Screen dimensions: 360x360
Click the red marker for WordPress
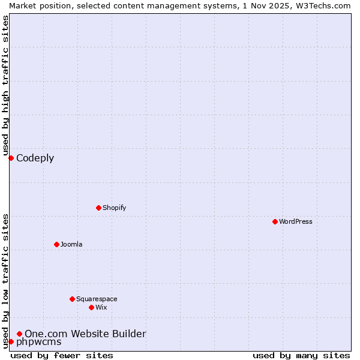[275, 221]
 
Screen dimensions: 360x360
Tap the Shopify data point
[98, 208]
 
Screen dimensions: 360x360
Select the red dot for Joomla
[56, 244]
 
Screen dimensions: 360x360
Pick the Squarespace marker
[72, 299]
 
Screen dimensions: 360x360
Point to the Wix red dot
[91, 307]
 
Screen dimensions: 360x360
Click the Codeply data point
[11, 158]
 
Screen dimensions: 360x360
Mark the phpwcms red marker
[11, 341]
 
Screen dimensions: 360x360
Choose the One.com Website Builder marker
[20, 334]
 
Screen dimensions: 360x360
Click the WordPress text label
[296, 221]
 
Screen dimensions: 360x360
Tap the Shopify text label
[114, 208]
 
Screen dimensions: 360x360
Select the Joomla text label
[71, 244]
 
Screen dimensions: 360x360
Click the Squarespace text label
[97, 299]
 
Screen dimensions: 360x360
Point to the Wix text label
[101, 307]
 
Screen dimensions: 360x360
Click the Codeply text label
[35, 158]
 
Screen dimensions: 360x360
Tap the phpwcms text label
[38, 342]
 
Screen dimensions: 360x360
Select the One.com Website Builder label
[85, 334]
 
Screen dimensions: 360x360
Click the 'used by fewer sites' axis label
[62, 355]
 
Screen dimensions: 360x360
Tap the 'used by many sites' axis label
[301, 355]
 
